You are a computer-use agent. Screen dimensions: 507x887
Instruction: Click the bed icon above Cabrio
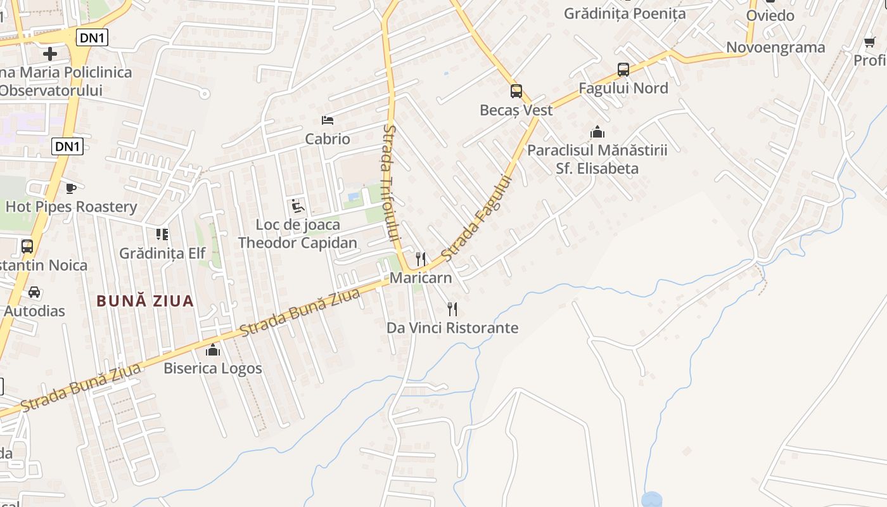328,120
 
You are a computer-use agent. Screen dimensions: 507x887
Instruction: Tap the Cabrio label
328,139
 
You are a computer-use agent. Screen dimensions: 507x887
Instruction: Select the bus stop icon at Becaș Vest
516,91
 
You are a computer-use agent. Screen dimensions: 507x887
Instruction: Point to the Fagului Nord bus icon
623,70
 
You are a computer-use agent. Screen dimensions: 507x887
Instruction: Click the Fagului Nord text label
623,88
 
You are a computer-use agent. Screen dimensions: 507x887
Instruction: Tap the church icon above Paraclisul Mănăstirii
597,132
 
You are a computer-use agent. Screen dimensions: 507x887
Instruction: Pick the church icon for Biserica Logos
213,350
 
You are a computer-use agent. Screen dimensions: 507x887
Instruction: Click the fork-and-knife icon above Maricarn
420,259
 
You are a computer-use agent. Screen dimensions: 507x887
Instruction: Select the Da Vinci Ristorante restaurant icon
452,309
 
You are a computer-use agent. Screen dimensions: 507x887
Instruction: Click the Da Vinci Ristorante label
452,328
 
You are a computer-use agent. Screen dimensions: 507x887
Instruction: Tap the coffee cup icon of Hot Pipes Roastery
71,188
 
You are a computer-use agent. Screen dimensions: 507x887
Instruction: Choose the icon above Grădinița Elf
162,234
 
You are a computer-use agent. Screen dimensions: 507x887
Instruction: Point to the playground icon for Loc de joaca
297,206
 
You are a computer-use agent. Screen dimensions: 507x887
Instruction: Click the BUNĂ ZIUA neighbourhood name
145,301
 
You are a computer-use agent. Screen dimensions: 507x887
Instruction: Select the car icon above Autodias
34,292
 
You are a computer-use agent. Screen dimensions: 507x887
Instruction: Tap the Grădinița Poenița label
625,13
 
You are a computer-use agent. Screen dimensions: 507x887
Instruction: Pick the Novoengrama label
775,48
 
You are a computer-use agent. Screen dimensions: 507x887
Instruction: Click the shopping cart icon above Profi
869,42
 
